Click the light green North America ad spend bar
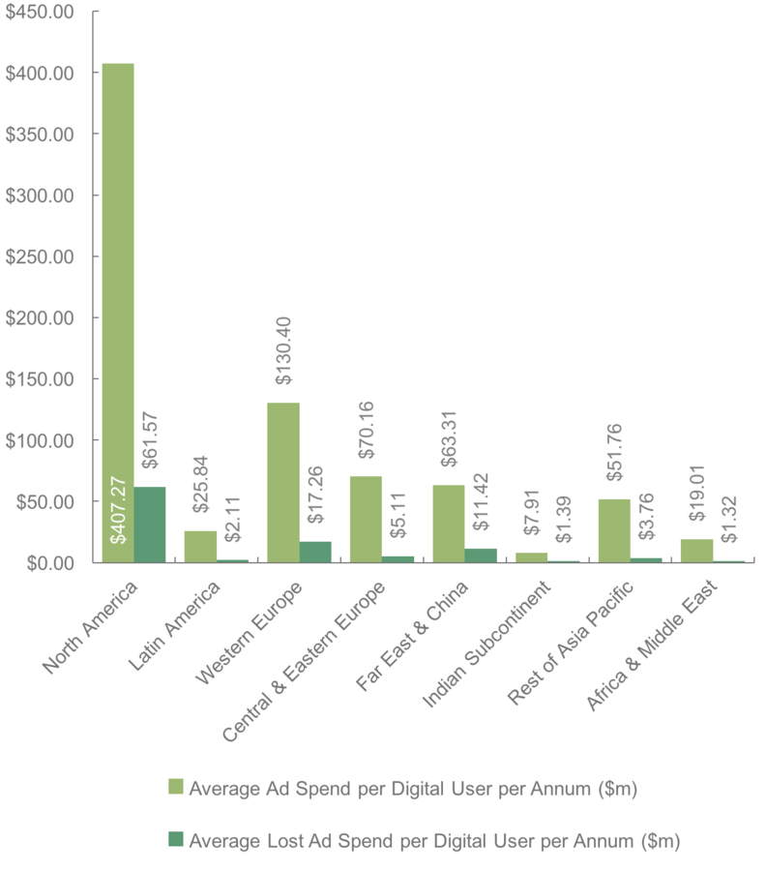118,290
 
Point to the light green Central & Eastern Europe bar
366,519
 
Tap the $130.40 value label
284,357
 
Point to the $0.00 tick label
47,562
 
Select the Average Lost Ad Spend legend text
434,840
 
